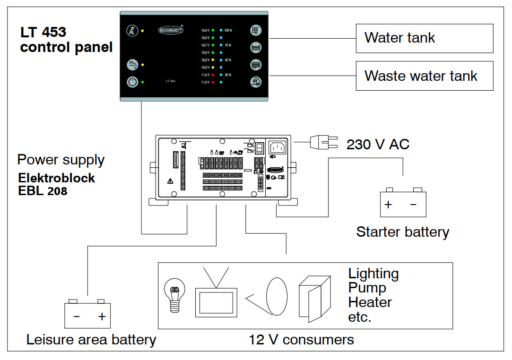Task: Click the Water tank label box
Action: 424,38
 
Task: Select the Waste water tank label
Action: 424,76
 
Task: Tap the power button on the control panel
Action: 132,82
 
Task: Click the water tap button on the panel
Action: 132,64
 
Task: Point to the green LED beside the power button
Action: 143,82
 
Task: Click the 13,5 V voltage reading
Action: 205,30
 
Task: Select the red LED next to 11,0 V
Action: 213,82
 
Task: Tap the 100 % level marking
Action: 228,30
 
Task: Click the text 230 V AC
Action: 378,144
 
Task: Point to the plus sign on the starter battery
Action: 388,205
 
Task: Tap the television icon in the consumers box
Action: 216,298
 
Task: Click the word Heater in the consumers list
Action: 370,302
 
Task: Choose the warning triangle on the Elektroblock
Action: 170,180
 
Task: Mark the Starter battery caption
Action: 402,232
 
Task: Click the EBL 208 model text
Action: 43,191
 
